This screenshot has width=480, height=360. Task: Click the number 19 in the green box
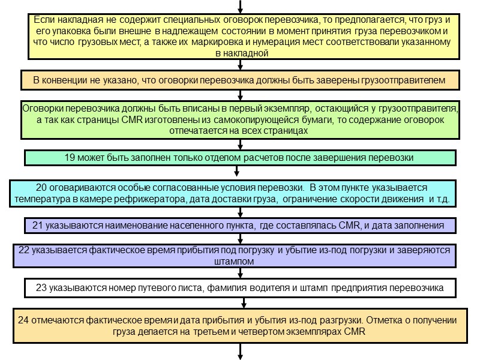(70, 158)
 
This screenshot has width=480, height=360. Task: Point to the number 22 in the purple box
(25, 250)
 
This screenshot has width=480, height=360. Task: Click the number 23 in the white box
(41, 288)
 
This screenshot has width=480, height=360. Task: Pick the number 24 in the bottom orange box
(25, 319)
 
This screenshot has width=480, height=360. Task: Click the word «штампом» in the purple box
(240, 262)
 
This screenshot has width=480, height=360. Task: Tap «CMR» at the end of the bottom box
(355, 331)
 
